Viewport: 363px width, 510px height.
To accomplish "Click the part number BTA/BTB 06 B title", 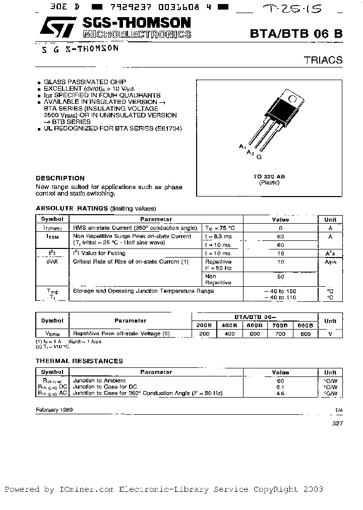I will (x=296, y=33).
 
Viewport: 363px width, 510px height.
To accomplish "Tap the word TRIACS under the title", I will (x=323, y=60).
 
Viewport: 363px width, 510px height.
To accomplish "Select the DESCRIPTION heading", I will (x=60, y=178).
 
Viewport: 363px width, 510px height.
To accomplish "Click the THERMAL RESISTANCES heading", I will (x=79, y=361).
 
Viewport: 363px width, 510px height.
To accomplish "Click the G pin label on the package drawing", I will (x=259, y=157).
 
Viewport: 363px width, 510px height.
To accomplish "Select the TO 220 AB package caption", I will (x=269, y=176).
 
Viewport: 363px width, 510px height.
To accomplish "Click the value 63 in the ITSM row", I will (x=280, y=236).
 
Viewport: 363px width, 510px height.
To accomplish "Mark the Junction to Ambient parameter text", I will (x=99, y=380).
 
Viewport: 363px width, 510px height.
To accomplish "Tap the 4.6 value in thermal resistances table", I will (x=280, y=393).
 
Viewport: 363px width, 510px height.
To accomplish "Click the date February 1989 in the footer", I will (x=54, y=410).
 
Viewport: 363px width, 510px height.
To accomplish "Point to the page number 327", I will (x=337, y=423).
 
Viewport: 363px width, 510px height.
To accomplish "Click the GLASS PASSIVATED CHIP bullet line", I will (x=85, y=82).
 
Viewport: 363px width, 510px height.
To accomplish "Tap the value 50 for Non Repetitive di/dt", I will (x=280, y=277).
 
